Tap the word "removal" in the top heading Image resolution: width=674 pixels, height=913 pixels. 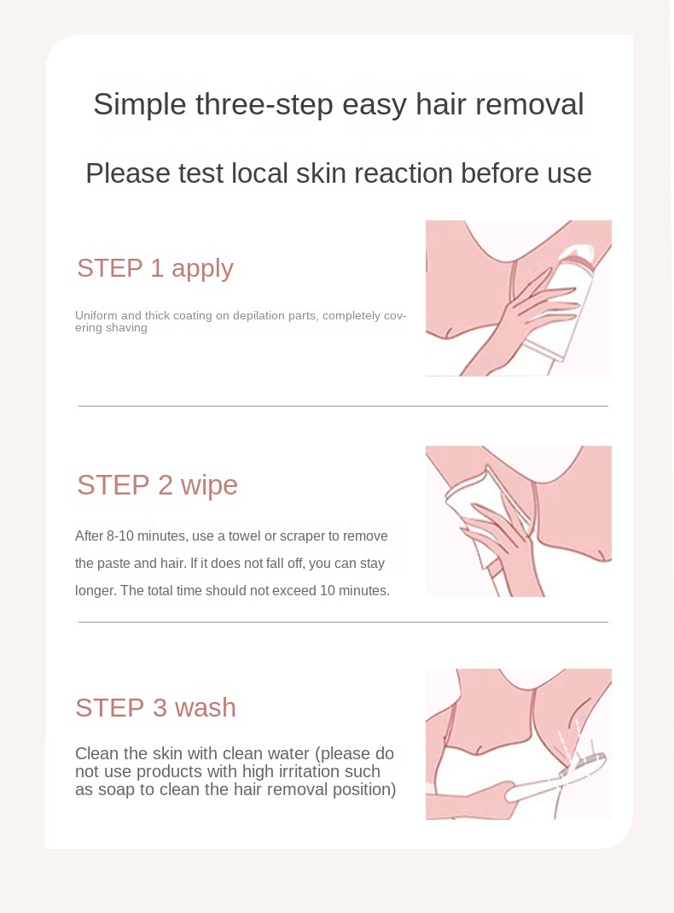[530, 105]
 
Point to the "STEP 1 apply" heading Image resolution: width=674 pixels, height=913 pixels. [155, 268]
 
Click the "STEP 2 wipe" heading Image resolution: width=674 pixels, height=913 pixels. [157, 485]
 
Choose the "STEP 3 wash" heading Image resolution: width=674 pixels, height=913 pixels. [155, 708]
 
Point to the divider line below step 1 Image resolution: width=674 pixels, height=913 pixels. [343, 406]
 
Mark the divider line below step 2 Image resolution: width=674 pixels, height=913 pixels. [343, 622]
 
